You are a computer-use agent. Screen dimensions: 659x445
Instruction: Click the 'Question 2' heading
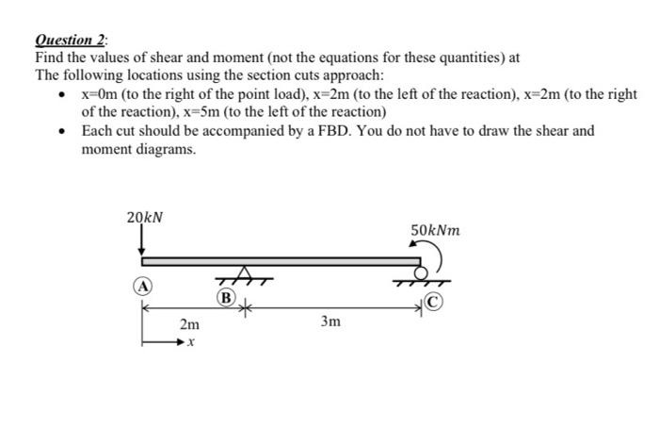click(x=71, y=41)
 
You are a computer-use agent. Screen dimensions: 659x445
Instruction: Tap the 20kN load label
click(x=144, y=217)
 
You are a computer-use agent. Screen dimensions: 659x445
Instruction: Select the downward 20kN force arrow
click(x=142, y=242)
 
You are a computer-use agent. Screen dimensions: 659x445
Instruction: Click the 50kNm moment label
click(x=436, y=230)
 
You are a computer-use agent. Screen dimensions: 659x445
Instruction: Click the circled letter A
click(x=140, y=286)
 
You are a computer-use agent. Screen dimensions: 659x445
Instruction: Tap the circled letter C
click(x=432, y=303)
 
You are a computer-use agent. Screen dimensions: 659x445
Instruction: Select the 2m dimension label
click(x=189, y=323)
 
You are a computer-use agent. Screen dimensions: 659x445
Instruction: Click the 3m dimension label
click(x=329, y=321)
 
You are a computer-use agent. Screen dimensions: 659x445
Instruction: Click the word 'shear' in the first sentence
click(x=170, y=58)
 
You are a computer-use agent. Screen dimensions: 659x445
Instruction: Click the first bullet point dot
click(x=62, y=95)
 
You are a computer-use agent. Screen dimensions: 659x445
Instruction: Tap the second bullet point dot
click(x=62, y=131)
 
